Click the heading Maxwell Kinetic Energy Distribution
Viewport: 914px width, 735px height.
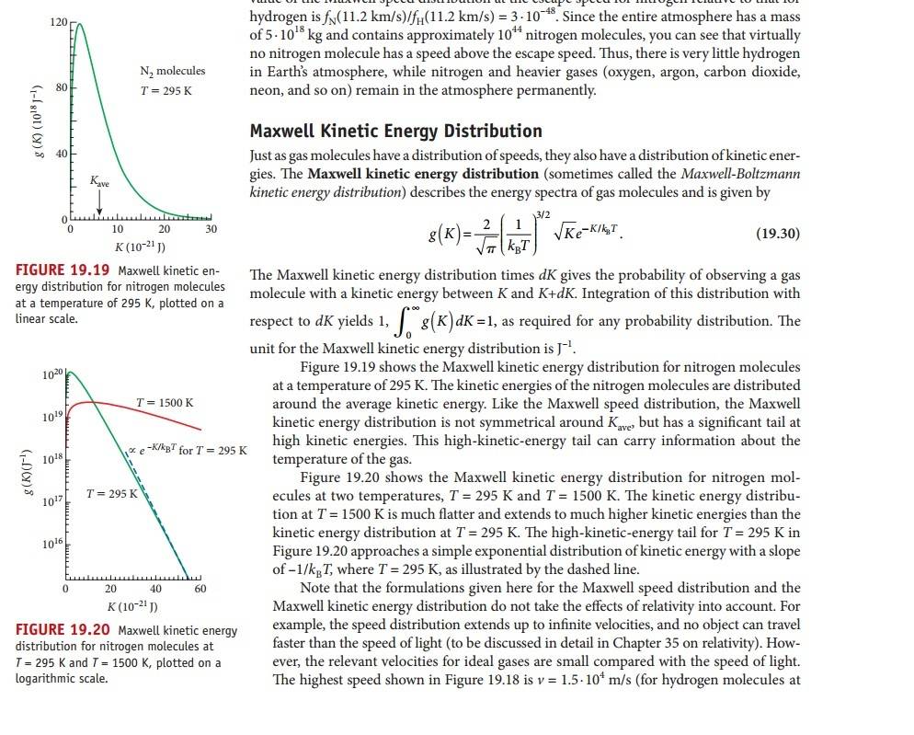click(395, 131)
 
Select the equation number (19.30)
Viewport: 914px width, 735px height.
click(777, 235)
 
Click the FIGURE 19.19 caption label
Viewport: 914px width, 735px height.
click(63, 270)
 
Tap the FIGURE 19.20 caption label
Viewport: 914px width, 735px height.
click(63, 630)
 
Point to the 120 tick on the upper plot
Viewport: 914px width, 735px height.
click(55, 19)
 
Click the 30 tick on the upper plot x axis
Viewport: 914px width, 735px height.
click(211, 229)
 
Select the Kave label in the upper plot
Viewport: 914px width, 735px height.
click(99, 184)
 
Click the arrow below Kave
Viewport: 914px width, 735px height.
click(99, 205)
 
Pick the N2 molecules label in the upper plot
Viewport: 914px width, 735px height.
click(172, 71)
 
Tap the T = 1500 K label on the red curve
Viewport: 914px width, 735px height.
click(164, 403)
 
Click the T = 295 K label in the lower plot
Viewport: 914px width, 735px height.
click(111, 494)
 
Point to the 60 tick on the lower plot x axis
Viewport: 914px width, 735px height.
click(200, 588)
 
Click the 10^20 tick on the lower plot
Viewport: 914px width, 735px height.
click(51, 374)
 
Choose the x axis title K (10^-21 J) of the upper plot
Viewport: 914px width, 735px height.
click(140, 246)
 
